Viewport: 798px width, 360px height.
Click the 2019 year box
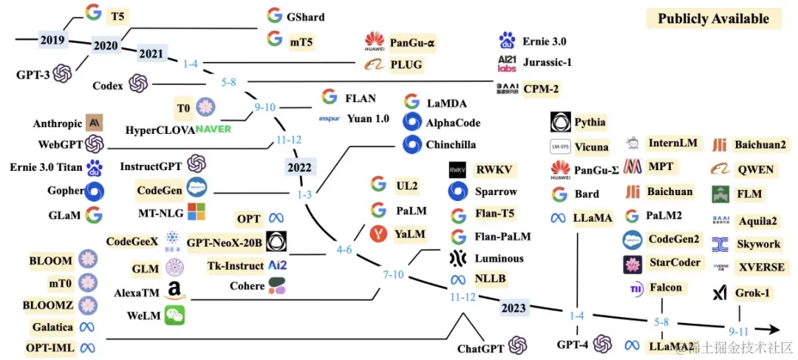(52, 41)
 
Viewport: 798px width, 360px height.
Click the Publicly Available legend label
(713, 19)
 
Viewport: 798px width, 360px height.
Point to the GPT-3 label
(32, 75)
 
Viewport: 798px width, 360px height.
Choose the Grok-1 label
(752, 293)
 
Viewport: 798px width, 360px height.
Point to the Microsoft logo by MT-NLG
(197, 212)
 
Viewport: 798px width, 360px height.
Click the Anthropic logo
(94, 122)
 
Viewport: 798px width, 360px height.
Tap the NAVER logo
(214, 129)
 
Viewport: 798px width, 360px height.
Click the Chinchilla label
(451, 145)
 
